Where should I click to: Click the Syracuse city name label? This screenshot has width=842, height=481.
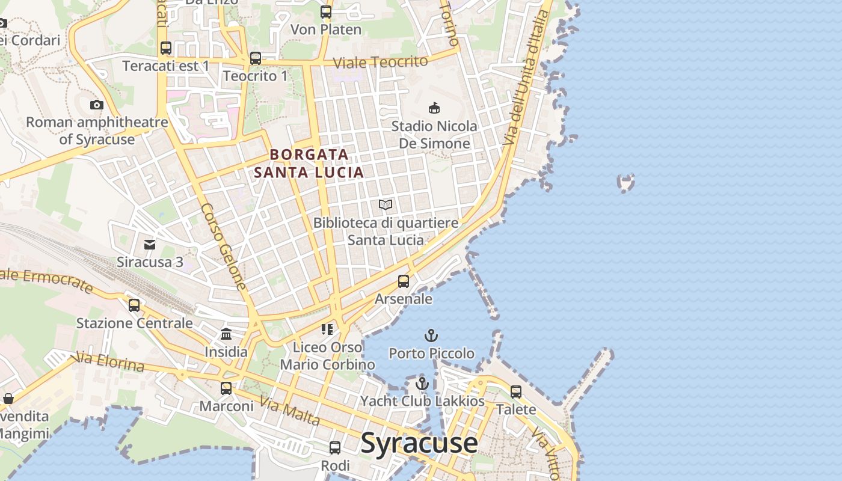tap(419, 443)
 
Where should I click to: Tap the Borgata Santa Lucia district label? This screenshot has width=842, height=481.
tap(309, 164)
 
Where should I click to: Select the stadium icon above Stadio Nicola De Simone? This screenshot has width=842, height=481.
tap(434, 108)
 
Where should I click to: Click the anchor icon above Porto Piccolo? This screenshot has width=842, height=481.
tap(431, 335)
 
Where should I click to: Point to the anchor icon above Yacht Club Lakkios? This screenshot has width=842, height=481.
tap(422, 383)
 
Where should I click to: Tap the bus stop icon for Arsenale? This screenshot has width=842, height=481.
tap(404, 281)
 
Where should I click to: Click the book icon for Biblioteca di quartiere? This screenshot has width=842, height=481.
tap(386, 205)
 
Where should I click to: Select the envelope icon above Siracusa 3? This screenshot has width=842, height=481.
tap(150, 244)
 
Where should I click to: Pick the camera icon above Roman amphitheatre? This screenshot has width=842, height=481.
tap(96, 105)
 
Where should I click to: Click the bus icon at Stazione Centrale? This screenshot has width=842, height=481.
tap(134, 305)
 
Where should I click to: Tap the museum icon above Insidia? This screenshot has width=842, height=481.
tap(226, 334)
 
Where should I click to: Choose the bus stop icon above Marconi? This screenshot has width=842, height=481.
tap(226, 388)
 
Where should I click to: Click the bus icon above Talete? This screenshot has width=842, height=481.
tap(516, 392)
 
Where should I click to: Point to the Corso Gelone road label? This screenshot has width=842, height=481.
tap(224, 247)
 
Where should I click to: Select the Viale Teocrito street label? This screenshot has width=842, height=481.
tap(380, 62)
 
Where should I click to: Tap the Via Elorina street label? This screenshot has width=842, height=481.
tap(108, 363)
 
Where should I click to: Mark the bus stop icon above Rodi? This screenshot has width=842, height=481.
tap(335, 448)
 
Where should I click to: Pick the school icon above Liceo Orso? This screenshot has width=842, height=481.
tap(327, 329)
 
